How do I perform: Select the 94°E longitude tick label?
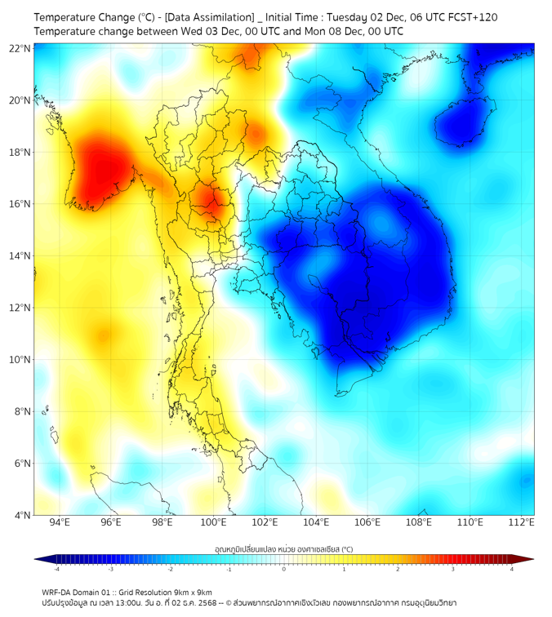click(60, 523)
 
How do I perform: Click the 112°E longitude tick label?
click(521, 523)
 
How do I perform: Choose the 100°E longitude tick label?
click(214, 523)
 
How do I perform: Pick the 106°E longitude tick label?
click(367, 523)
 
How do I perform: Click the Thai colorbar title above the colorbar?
click(283, 548)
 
